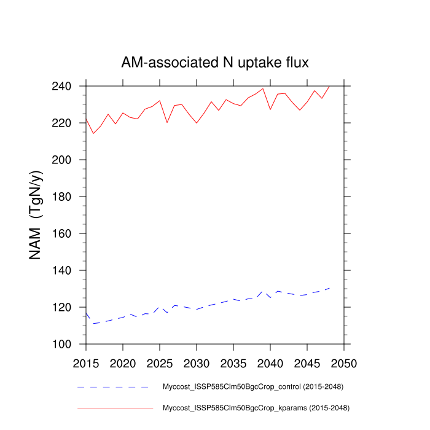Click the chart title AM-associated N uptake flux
215,63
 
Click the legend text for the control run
252,387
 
